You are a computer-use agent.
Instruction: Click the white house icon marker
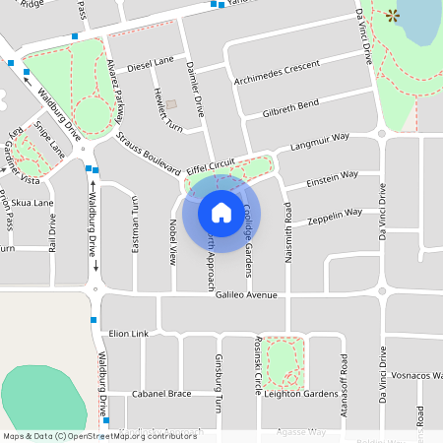(221, 212)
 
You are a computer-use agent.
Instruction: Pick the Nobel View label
(172, 242)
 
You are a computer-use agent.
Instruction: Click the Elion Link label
(128, 334)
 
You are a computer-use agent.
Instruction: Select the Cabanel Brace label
(160, 394)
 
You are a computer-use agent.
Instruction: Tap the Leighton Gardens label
(300, 394)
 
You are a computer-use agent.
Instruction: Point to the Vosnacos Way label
(414, 376)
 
